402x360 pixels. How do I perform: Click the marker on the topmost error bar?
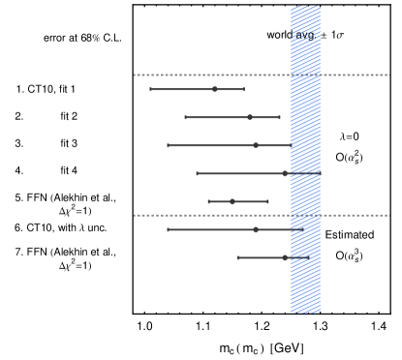point(215,89)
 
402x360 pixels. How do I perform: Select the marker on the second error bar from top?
point(250,117)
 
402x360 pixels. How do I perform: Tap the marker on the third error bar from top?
point(256,145)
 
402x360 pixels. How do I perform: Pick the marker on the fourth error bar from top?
point(285,173)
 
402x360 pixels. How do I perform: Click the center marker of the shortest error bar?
point(232,201)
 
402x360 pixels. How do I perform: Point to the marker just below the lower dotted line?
point(256,229)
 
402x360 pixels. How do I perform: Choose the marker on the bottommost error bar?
point(285,257)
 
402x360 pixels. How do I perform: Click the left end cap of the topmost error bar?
point(150,89)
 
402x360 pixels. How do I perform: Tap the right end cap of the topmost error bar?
point(244,89)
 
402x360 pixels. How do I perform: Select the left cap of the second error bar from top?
point(185,117)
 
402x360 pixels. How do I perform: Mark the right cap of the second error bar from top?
point(280,117)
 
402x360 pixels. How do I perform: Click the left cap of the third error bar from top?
point(168,145)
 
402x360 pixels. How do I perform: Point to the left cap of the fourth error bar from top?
point(197,173)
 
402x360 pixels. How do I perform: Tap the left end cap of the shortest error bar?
point(208,201)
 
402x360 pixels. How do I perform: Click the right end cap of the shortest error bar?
point(268,201)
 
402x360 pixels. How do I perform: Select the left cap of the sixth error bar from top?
point(168,229)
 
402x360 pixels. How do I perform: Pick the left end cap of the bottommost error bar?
point(238,257)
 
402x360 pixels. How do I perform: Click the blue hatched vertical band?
point(305,290)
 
